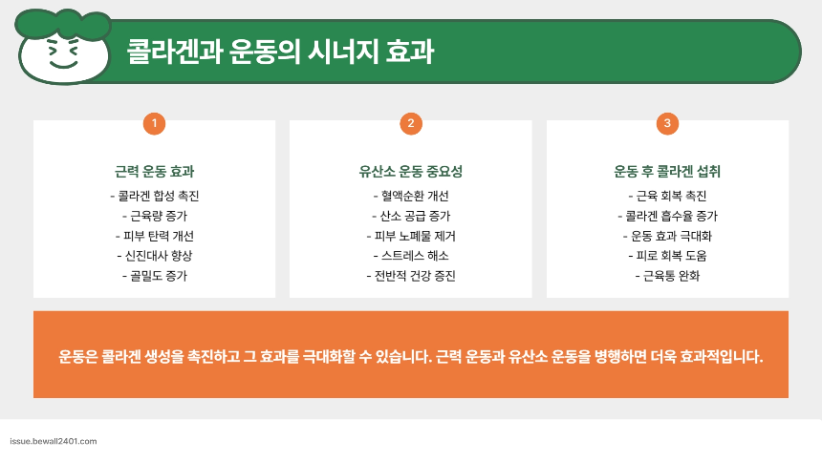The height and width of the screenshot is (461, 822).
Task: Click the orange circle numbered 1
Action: pos(154,123)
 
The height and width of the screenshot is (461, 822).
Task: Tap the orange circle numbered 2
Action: pos(410,123)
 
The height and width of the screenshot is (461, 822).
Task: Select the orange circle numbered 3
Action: pos(666,123)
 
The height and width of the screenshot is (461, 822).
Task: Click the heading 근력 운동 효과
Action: pos(154,173)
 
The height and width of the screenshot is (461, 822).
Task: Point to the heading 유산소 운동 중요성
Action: pos(410,173)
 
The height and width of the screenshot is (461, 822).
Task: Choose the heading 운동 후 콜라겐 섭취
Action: pos(666,173)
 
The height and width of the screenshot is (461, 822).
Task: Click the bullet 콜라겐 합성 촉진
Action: pos(155,196)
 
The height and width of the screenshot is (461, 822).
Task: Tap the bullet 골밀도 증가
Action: pos(155,276)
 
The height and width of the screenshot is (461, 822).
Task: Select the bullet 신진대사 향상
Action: pos(155,256)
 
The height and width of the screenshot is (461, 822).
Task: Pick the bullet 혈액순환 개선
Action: pos(411,196)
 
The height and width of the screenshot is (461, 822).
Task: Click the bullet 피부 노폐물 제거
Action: pos(411,236)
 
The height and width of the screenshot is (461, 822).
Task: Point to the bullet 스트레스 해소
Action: pos(411,256)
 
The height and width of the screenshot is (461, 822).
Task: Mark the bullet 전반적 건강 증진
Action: pos(411,276)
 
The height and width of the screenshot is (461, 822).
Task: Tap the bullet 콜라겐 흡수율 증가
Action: pos(667,216)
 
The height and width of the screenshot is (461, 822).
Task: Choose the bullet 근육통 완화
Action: pos(667,276)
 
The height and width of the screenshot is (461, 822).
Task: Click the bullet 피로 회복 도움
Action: pos(667,256)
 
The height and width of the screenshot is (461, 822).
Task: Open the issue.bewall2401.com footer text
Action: pos(53,442)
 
